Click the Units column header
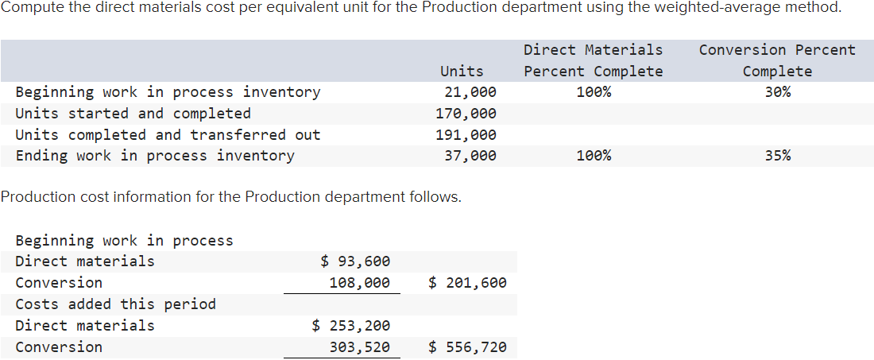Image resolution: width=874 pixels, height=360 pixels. [x=462, y=71]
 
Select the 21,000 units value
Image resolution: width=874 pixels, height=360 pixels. [x=470, y=92]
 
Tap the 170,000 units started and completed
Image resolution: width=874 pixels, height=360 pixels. [x=466, y=114]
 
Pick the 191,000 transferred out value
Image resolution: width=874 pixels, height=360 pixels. [x=466, y=135]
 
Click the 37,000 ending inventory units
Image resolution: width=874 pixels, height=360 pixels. [x=470, y=156]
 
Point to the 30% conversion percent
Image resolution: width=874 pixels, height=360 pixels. [x=777, y=92]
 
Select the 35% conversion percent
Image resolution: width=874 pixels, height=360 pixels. [x=777, y=156]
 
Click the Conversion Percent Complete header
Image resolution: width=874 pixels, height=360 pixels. [x=777, y=60]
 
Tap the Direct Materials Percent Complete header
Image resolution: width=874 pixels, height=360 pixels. [x=593, y=60]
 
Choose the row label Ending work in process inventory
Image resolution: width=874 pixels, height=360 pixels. [x=155, y=156]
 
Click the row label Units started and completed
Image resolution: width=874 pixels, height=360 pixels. [x=133, y=114]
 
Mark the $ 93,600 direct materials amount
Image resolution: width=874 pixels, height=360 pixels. [x=355, y=261]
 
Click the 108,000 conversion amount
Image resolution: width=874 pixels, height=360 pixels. [x=360, y=283]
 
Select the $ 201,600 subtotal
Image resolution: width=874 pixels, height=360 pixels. [x=467, y=283]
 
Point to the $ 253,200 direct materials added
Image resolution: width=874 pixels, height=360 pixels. [x=351, y=326]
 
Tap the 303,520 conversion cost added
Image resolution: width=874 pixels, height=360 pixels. [x=360, y=347]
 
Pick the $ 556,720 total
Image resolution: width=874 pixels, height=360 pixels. [x=467, y=347]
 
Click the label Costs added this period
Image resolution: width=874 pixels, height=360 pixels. [x=115, y=304]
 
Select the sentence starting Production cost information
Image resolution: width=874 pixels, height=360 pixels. [x=230, y=197]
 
